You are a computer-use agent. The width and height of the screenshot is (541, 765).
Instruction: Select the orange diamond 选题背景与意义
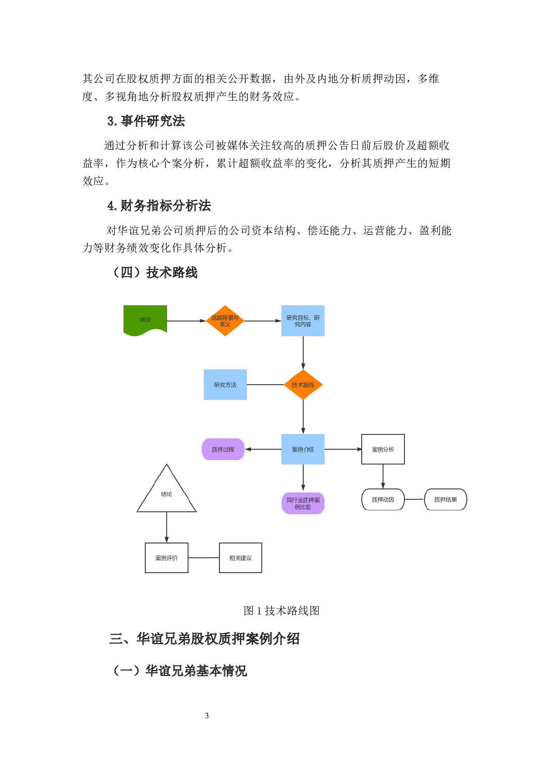[x=225, y=321]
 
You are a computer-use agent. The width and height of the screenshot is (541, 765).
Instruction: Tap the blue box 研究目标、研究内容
[x=303, y=321]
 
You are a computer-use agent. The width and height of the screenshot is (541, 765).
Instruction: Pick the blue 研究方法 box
[x=225, y=385]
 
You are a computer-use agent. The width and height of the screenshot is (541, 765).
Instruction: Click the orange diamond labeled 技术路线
[x=303, y=385]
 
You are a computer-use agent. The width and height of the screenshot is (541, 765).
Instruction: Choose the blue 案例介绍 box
[x=303, y=449]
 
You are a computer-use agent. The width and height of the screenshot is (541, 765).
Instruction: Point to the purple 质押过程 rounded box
[x=223, y=449]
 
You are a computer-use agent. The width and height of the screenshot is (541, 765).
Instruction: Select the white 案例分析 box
[x=383, y=449]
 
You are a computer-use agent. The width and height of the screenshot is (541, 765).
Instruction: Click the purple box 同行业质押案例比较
[x=303, y=503]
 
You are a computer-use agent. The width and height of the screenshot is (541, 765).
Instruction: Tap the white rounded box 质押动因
[x=383, y=499]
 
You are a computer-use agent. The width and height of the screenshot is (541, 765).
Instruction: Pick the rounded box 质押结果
[x=445, y=499]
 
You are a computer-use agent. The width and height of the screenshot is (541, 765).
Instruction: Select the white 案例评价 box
[x=166, y=558]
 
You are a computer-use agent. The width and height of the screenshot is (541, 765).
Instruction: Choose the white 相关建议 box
[x=240, y=558]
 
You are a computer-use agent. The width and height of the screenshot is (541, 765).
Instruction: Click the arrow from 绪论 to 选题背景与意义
[x=186, y=321]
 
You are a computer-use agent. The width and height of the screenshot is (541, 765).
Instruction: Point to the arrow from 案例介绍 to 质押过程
[x=263, y=449]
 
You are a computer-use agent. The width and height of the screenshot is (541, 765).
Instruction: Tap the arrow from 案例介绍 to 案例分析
[x=343, y=449]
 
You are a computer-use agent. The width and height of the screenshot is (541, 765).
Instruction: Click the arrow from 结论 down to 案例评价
[x=166, y=527]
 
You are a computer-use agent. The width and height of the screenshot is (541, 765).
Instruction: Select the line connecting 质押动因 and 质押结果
[x=414, y=499]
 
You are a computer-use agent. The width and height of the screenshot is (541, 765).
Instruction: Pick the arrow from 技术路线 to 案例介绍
[x=303, y=417]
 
